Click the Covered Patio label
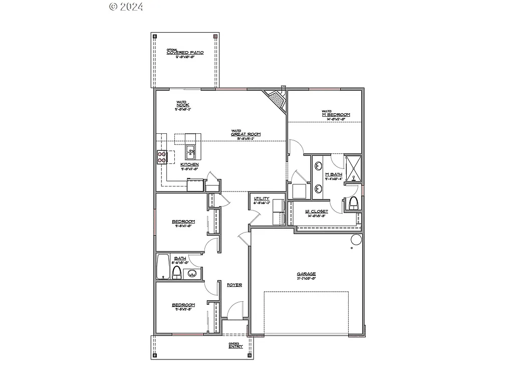[185, 53]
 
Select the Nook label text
[183, 105]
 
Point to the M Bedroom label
[336, 115]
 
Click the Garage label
[306, 274]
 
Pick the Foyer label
[234, 285]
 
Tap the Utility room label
[262, 199]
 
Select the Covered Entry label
[235, 346]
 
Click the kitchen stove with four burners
[162, 157]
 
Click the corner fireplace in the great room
[276, 100]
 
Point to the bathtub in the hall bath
[163, 267]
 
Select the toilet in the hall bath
[176, 272]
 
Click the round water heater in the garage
[356, 240]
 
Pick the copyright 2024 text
[126, 7]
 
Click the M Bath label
[334, 174]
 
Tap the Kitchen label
[189, 164]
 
